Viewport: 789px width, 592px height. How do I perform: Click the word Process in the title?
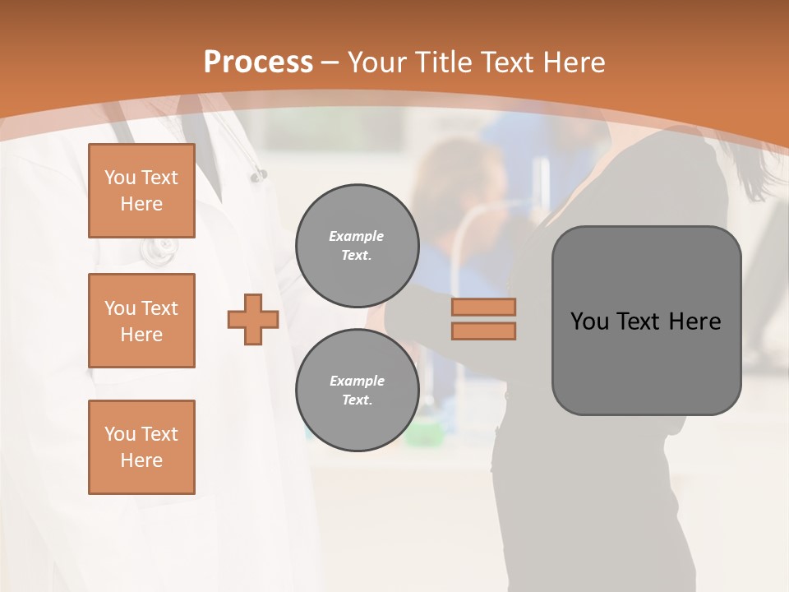258,62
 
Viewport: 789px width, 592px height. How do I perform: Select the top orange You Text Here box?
141,191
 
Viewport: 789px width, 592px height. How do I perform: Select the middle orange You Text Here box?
141,321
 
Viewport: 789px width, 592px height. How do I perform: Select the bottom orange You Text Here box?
141,447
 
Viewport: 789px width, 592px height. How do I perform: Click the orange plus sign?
253,320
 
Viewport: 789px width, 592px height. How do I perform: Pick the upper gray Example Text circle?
357,246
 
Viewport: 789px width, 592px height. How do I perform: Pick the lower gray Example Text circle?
357,391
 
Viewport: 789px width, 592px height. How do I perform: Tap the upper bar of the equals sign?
483,308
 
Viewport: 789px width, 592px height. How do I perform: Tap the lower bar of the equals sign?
483,331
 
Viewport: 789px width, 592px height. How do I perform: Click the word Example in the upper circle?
357,236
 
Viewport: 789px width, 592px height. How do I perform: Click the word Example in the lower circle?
357,381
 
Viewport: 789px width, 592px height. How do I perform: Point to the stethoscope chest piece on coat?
159,249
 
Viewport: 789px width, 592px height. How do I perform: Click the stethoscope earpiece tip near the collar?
260,175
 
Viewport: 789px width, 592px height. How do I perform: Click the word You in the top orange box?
120,178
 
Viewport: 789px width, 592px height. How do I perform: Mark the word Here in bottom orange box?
141,460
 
